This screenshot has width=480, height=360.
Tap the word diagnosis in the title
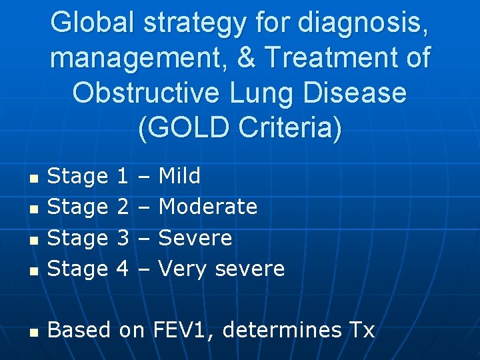point(363,23)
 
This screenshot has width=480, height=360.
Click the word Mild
point(179,176)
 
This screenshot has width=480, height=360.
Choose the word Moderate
point(208,207)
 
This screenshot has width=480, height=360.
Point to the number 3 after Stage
point(123,238)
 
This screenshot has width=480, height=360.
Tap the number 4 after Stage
point(123,269)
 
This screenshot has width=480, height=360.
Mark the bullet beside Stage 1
point(31,179)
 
